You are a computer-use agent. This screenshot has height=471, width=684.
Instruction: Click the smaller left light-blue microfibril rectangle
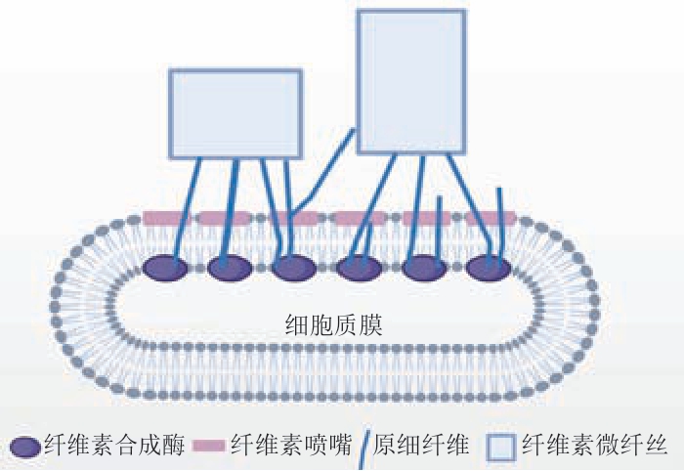coord(235,113)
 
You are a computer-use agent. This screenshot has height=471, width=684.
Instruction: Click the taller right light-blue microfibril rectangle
coord(410,81)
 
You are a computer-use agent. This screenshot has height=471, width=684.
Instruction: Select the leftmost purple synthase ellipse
coord(165,267)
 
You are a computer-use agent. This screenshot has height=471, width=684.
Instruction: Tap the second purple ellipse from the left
coord(230,267)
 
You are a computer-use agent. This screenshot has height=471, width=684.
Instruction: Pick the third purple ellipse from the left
coord(294,267)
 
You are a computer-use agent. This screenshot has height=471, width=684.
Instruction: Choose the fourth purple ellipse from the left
coord(359,267)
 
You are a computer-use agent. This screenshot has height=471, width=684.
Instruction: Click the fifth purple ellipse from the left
coord(424,267)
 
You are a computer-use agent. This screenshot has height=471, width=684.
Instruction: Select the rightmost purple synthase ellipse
coord(489,267)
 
